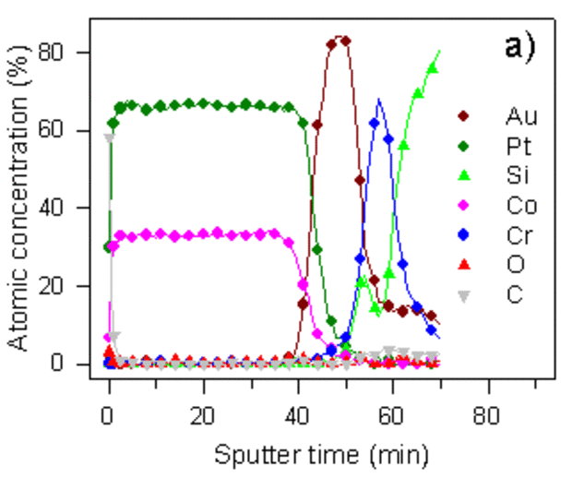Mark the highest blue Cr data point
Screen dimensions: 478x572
pos(375,123)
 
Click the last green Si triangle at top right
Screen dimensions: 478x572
pos(432,68)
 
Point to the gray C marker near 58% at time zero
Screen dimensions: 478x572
pos(110,138)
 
